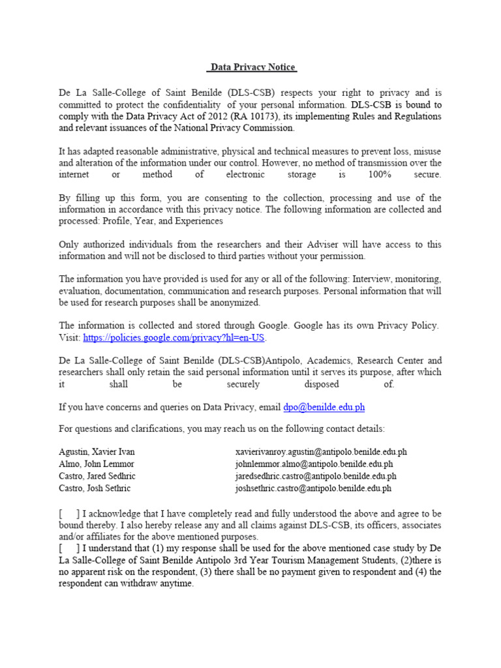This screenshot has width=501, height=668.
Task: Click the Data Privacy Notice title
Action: coord(252,67)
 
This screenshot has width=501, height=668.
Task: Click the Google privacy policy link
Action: coord(175,338)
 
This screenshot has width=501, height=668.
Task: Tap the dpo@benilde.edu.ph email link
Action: coord(324,407)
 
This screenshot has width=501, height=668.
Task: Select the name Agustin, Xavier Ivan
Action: coord(97,451)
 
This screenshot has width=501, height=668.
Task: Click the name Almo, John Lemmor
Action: coord(97,464)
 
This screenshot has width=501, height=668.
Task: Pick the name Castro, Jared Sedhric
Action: coord(97,476)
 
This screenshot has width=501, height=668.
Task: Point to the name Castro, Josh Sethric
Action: coord(95,488)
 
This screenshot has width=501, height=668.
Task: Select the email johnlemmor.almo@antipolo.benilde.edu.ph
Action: coord(314,464)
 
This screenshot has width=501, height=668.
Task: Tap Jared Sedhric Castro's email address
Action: coord(316,476)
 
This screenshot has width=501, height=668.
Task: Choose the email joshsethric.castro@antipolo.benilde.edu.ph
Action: coord(313,488)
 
